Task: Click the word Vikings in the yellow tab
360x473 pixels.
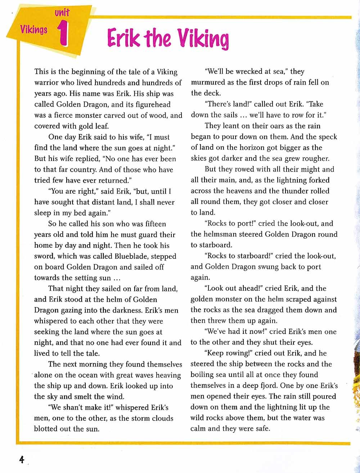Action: [x=34, y=29]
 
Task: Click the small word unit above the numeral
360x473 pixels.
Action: [x=62, y=13]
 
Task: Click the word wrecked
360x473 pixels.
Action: [x=249, y=72]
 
